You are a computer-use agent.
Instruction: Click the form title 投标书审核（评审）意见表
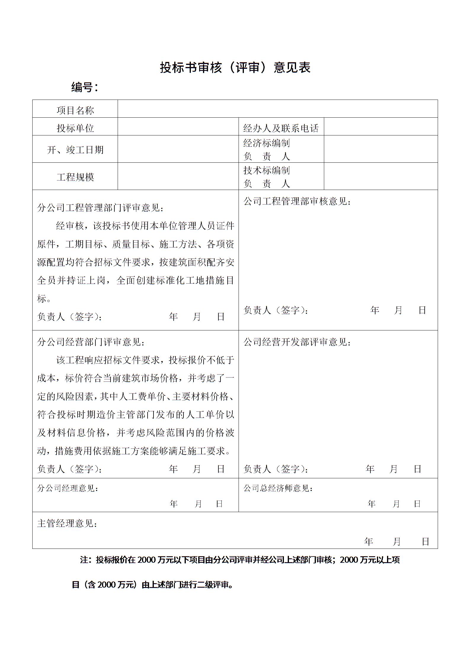point(235,68)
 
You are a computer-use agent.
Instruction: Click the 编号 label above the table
point(84,87)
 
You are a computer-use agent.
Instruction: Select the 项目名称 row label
point(75,111)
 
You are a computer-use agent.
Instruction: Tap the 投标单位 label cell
point(75,128)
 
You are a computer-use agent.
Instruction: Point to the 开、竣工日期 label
point(75,150)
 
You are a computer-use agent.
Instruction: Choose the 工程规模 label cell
point(75,177)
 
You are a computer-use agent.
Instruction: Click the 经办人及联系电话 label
point(281,128)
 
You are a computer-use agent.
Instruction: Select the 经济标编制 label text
point(266,143)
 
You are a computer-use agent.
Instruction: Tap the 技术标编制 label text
point(266,170)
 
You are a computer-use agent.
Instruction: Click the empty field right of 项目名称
point(277,109)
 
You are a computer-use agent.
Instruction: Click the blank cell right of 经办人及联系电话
point(381,127)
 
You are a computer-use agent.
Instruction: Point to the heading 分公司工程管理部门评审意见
point(100,208)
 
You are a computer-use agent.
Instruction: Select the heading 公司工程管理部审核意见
point(297,202)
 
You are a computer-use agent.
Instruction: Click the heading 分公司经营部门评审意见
point(91,342)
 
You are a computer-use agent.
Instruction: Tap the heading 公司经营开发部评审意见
point(297,342)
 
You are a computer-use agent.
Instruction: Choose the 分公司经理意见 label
point(68,488)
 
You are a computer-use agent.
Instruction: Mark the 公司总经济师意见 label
point(278,488)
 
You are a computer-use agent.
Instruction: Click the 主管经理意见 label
point(67,524)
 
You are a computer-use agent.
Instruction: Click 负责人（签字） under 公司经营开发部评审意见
point(276,469)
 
